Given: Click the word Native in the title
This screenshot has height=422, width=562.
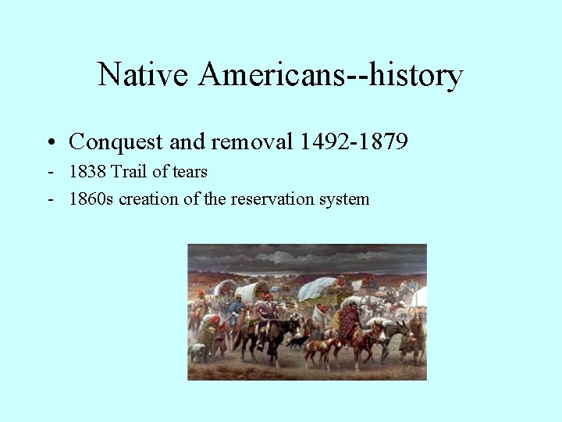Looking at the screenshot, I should coord(144,76).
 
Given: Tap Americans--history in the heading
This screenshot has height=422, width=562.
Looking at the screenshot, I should coord(331,76).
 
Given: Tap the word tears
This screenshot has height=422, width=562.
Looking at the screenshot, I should coord(190,171).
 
